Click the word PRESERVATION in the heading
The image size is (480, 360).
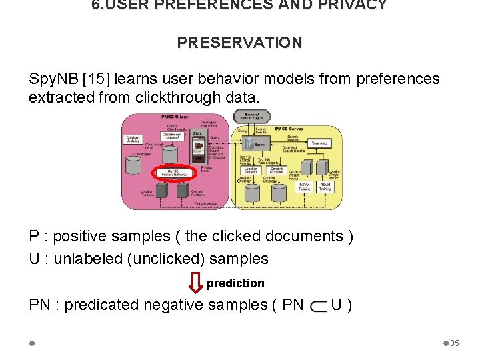pos(239,43)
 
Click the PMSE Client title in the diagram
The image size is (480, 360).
pos(174,117)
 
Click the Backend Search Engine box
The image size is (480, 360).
pos(252,116)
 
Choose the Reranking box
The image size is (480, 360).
pos(320,143)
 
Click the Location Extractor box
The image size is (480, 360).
pos(251,170)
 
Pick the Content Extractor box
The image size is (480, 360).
pos(277,170)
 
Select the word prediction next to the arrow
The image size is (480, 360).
pos(235,283)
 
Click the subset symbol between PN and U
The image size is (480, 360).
pos(318,305)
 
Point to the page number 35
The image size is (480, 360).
pos(455,343)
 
